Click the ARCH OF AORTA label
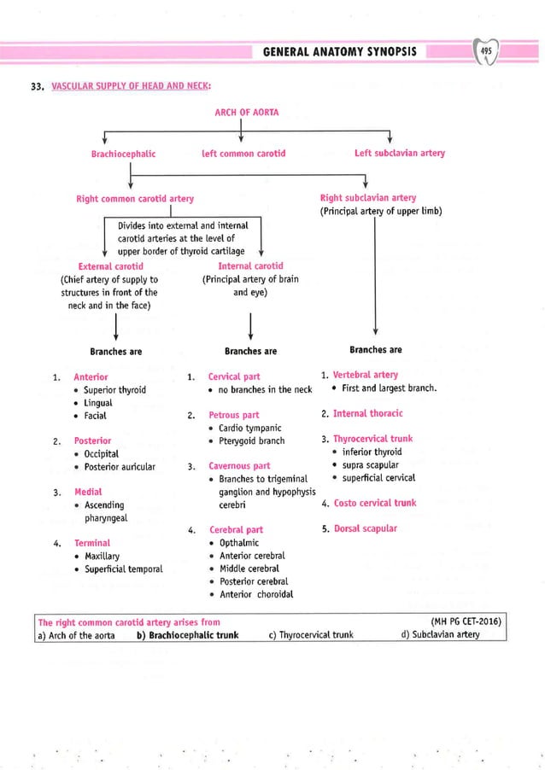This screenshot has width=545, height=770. coord(246,112)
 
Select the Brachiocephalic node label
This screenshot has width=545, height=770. coord(123,154)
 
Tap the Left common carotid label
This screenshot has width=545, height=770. coord(243,154)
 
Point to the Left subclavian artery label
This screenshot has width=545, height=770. coord(399,154)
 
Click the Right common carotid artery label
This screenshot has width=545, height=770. coord(135,199)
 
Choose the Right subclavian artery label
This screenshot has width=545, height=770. coord(367,198)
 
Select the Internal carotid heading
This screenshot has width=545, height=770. coord(250,266)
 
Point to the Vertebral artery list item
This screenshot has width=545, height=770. coord(365,375)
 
